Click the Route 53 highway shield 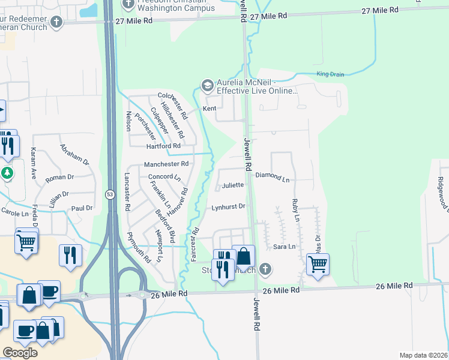110,194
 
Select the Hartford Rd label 163,146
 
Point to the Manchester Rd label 166,164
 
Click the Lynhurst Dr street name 229,206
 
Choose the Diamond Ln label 272,178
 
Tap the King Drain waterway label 330,74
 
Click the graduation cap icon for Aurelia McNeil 208,86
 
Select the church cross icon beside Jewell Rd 265,269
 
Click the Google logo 20,352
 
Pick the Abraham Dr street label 74,154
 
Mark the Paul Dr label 82,208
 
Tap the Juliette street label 233,185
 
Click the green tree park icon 7,173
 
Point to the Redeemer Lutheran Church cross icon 56,22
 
